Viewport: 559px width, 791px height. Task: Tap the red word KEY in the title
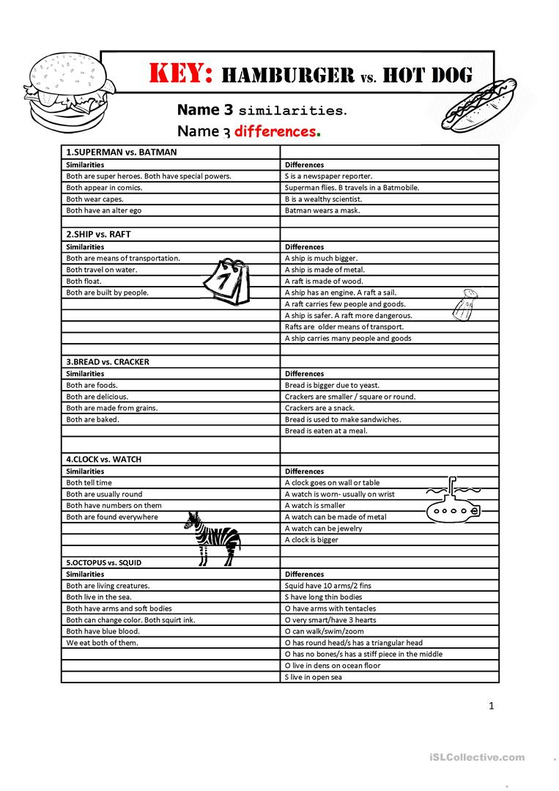(180, 73)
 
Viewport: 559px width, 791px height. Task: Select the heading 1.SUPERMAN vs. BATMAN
(121, 152)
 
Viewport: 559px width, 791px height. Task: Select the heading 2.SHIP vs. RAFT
(98, 235)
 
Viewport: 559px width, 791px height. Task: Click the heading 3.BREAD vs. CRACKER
(108, 361)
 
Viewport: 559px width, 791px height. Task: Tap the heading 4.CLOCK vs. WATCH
(103, 459)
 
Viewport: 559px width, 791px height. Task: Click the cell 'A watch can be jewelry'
(323, 529)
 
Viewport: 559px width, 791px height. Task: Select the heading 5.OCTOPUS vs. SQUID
(104, 562)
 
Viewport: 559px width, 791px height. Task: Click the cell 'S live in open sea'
(313, 677)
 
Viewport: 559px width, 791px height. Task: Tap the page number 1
(492, 706)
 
